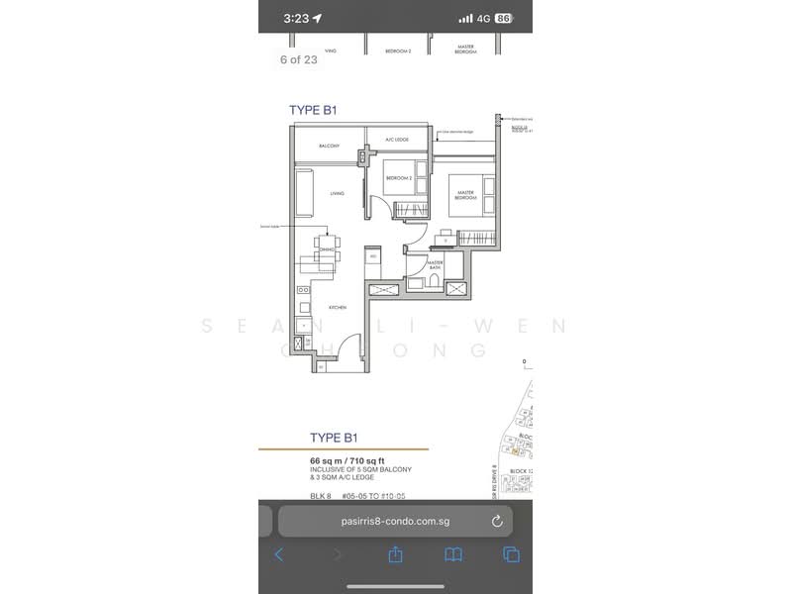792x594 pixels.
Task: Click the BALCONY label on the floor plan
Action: (x=330, y=147)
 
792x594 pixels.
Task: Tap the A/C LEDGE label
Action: (x=397, y=140)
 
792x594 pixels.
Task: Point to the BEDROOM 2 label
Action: (x=398, y=178)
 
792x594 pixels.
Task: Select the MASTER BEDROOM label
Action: (x=465, y=195)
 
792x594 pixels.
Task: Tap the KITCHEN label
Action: (x=338, y=308)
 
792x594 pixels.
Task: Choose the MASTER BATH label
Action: (x=435, y=265)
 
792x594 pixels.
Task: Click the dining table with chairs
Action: (x=326, y=250)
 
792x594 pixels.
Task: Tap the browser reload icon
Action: (x=497, y=521)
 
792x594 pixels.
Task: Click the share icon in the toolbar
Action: (x=395, y=554)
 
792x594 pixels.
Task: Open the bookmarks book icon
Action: (x=453, y=554)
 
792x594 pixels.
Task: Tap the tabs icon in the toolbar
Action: (x=511, y=554)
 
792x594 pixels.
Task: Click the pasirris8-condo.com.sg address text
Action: (x=382, y=521)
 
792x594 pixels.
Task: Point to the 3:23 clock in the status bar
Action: (x=296, y=18)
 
